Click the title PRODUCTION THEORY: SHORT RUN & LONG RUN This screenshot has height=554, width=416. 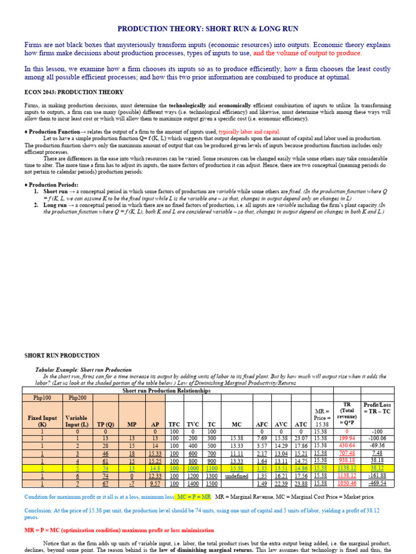(208, 29)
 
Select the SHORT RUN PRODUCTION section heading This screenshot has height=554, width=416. (62, 355)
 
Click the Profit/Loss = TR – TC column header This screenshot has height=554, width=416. (377, 408)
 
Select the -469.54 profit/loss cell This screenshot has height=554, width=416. (377, 484)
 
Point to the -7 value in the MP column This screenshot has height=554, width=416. (132, 484)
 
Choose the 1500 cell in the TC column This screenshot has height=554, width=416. (211, 484)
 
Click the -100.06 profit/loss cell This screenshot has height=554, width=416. (377, 438)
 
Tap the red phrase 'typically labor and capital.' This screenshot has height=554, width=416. (249, 131)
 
